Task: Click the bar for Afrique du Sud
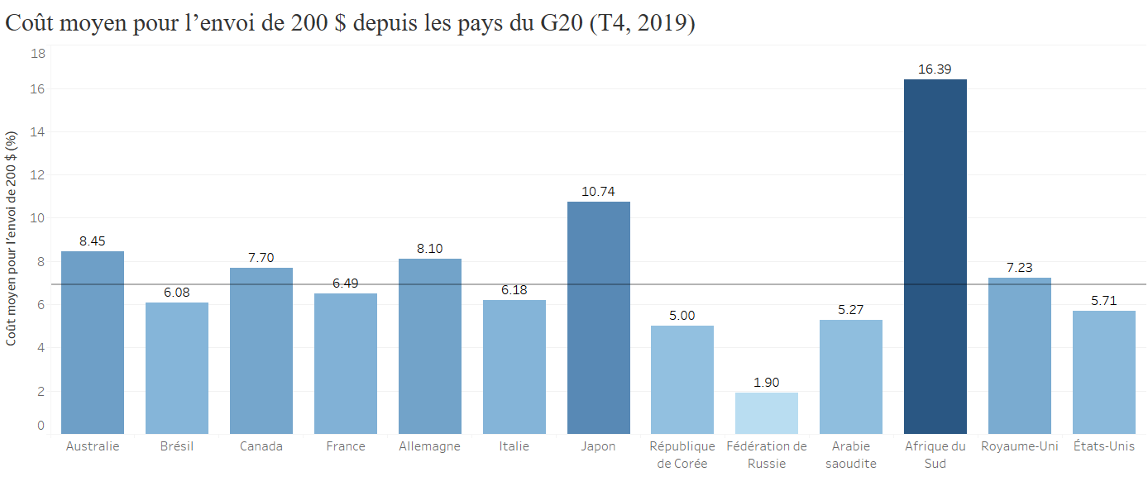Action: pos(935,256)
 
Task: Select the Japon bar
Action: pos(598,317)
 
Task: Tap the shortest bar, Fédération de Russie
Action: pos(767,413)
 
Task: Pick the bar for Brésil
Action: pos(177,368)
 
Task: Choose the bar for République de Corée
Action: pos(682,379)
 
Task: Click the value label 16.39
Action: pos(935,69)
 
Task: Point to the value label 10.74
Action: pos(598,192)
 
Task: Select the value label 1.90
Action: pos(767,383)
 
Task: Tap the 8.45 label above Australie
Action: pos(93,241)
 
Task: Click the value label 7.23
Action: pos(1019,268)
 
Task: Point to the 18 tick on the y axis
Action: pos(38,53)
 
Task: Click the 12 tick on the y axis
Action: pos(38,175)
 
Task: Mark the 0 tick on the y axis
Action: pos(41,426)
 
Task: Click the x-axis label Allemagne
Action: pos(429,446)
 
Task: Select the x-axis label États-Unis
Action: pos(1103,446)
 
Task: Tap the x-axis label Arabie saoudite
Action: pos(850,455)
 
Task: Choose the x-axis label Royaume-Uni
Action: pos(1019,446)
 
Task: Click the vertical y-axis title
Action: pos(12,240)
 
